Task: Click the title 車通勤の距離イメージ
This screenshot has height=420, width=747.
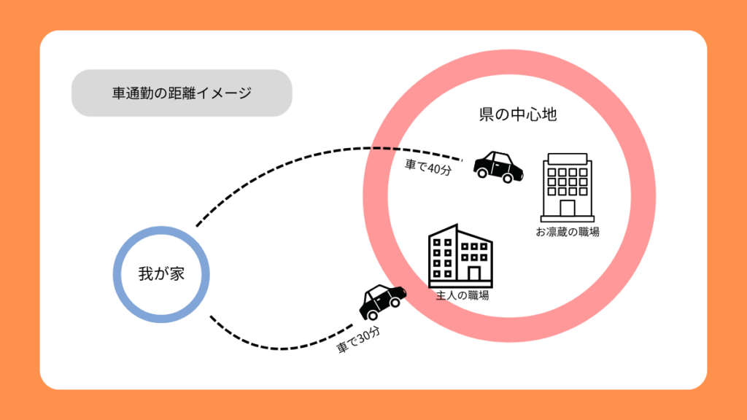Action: (182, 93)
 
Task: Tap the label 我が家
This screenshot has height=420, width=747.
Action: (161, 274)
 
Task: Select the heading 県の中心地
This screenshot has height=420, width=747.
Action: (518, 115)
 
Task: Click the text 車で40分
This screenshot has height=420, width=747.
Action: (429, 167)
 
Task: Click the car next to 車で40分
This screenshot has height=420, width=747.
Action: (498, 166)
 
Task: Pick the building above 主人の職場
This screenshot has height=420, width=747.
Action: (460, 255)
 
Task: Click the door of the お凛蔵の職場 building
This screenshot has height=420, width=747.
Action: (567, 209)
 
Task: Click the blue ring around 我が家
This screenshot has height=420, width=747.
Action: (117, 274)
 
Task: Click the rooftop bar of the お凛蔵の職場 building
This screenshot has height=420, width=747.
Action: (567, 157)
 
